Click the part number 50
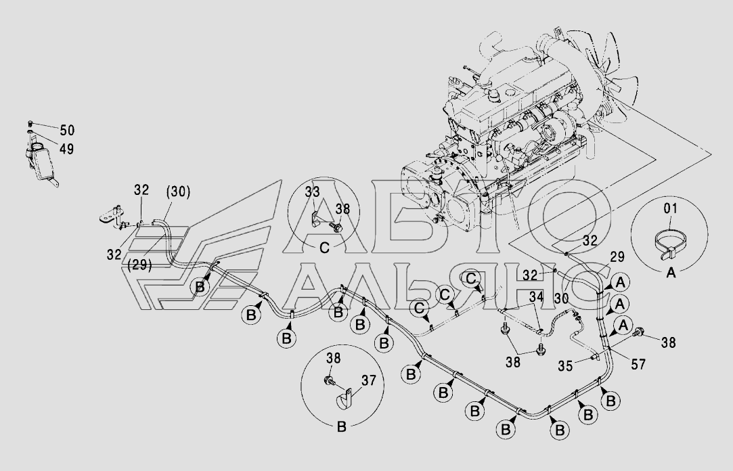click(67, 131)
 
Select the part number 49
click(66, 149)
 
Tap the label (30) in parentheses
click(178, 192)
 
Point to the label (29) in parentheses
click(140, 265)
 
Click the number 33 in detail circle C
click(312, 192)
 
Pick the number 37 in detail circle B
click(369, 381)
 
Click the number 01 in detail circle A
click(671, 208)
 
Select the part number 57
click(638, 365)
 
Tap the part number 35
click(565, 366)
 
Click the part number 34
click(537, 296)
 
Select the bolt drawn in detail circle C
click(335, 227)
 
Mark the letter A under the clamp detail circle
click(671, 272)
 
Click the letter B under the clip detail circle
click(341, 426)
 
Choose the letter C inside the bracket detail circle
click(324, 247)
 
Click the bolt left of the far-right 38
click(639, 333)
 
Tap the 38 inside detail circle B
click(333, 359)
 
